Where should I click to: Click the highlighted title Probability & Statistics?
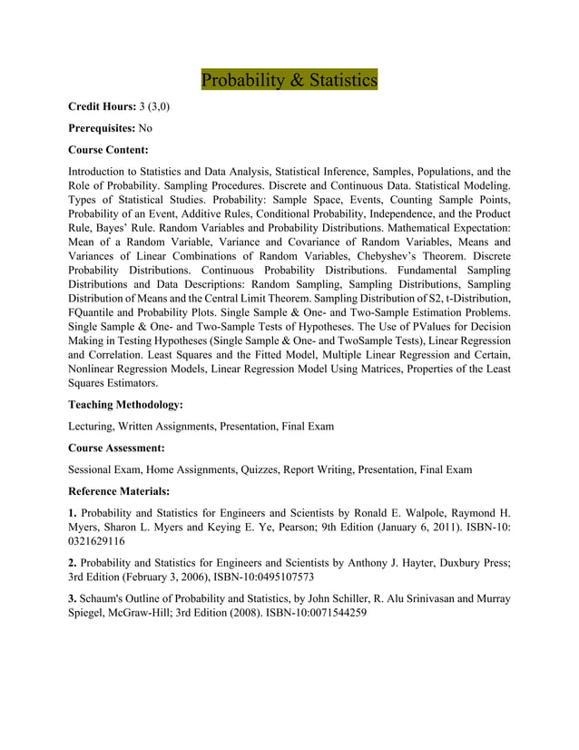click(x=289, y=80)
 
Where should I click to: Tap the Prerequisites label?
click(x=102, y=128)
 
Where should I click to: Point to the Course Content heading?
click(x=108, y=150)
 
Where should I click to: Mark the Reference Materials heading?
click(x=119, y=491)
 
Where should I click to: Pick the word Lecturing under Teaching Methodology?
click(x=95, y=426)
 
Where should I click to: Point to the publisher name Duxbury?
click(x=457, y=562)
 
